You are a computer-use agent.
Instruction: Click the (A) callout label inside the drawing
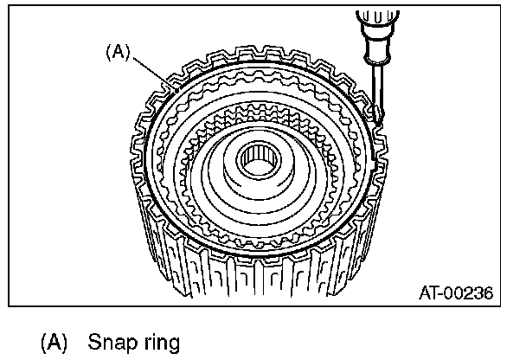(x=117, y=52)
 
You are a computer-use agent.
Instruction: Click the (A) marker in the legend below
(x=54, y=342)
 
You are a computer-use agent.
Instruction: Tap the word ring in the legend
(x=157, y=344)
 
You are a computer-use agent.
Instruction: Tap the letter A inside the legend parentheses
(x=54, y=342)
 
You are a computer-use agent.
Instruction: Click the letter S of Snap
(x=93, y=342)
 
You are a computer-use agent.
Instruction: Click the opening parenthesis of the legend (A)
(x=44, y=342)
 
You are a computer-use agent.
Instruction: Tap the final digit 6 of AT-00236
(x=488, y=294)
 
